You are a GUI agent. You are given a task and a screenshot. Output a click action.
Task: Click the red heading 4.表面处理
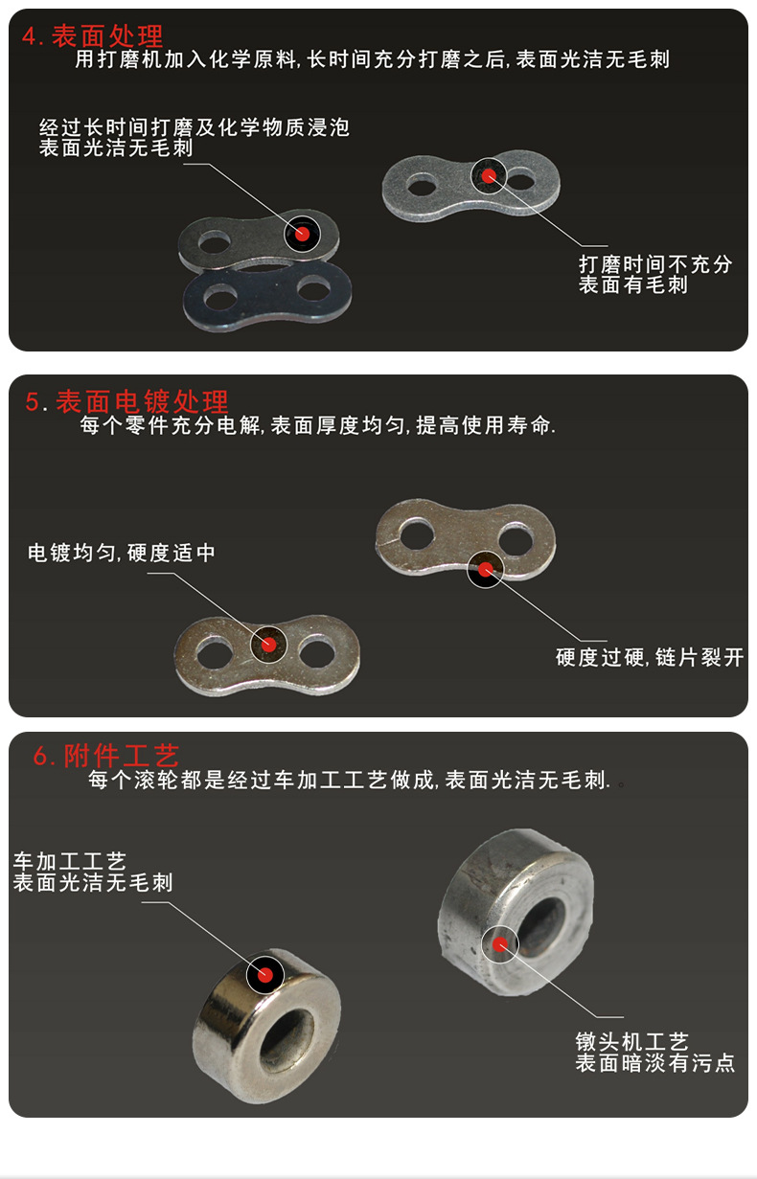pos(93,36)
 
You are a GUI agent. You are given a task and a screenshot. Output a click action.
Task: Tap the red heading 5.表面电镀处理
pos(127,401)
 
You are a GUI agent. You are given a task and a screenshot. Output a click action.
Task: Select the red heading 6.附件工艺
pos(106,756)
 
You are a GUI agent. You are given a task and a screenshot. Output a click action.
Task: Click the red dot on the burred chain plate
pos(490,175)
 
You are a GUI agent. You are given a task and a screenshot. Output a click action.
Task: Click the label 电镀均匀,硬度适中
pos(122,553)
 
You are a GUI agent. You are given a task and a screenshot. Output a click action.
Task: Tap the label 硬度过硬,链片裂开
pos(650,658)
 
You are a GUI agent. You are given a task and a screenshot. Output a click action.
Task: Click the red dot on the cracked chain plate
pos(485,570)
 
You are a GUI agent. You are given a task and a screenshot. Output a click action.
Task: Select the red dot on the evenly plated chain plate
pos(268,644)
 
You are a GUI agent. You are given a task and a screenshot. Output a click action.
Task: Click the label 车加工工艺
pos(70,862)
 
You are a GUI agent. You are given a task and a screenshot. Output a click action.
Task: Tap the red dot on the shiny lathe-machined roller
pos(265,975)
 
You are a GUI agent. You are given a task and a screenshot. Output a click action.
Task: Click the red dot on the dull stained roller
pos(499,943)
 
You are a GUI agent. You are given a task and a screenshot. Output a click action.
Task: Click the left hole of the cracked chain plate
pos(416,533)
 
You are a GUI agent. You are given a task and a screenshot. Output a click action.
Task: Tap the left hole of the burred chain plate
pos(419,183)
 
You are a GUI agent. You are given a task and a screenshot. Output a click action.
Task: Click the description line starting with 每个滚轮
pos(350,781)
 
